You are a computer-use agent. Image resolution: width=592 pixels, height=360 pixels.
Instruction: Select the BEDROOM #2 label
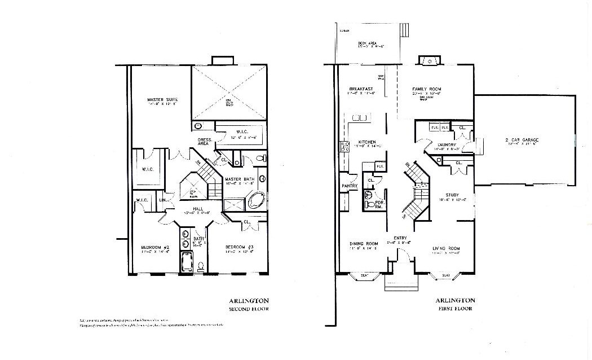tap(155, 247)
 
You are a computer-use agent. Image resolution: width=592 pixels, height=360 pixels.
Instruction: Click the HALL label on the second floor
tap(198, 209)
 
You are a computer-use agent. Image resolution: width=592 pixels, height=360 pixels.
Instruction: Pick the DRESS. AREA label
tap(204, 141)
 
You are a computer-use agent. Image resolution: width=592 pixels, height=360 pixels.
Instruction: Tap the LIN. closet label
tap(163, 200)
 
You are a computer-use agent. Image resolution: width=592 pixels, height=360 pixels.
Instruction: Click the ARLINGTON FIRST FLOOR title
tap(455, 304)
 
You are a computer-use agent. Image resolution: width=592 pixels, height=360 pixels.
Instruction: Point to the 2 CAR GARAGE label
tap(522, 139)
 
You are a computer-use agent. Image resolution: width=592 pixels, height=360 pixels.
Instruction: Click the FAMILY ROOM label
tap(426, 89)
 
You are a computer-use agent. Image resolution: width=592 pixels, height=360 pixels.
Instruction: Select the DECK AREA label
tap(367, 43)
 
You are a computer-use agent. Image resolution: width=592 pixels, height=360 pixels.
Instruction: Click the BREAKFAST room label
tap(361, 89)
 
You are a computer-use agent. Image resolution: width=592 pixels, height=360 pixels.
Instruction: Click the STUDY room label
tap(452, 195)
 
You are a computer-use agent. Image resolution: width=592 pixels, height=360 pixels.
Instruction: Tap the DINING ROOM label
tap(364, 243)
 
